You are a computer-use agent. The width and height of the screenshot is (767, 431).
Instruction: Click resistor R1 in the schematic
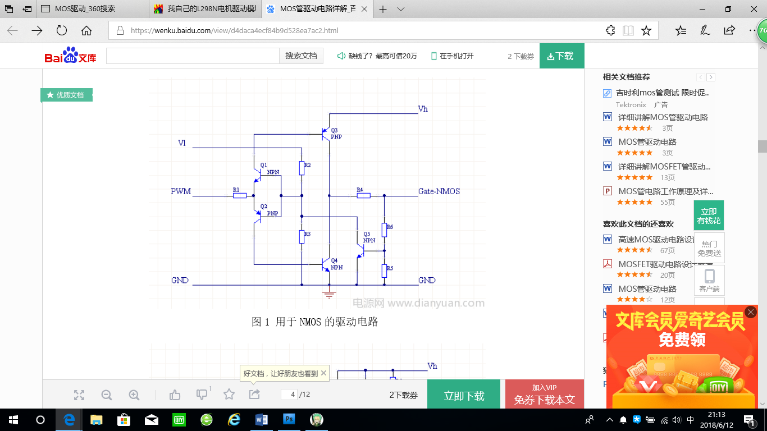pos(240,195)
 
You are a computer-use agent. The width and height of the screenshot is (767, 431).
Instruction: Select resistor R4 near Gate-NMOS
pos(363,195)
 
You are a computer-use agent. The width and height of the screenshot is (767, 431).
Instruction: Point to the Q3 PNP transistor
pos(326,134)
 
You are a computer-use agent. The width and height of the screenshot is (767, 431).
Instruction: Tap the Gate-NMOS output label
pos(439,191)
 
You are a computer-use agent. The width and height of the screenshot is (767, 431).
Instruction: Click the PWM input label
pos(181,191)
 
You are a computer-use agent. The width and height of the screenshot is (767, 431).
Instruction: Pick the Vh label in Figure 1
pos(423,109)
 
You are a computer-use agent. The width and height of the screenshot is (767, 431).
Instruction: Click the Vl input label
pos(182,143)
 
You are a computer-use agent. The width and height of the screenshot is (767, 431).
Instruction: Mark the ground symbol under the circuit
pos(329,294)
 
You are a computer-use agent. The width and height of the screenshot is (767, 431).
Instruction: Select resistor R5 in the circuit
pos(385,271)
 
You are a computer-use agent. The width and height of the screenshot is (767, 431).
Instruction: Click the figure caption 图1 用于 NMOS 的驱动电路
pos(314,322)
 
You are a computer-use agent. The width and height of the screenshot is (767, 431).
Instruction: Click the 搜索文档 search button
pos(301,56)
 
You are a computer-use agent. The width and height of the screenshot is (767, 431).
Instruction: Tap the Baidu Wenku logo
pos(71,56)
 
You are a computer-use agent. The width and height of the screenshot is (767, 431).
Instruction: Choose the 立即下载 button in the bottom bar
pos(464,395)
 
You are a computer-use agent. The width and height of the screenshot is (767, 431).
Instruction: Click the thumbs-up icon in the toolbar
pos(175,395)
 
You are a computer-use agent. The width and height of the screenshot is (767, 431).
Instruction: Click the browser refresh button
pos(62,30)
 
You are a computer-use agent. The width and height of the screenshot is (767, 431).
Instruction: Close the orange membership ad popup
pos(751,312)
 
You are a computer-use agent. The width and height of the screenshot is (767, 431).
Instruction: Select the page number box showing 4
pos(289,395)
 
